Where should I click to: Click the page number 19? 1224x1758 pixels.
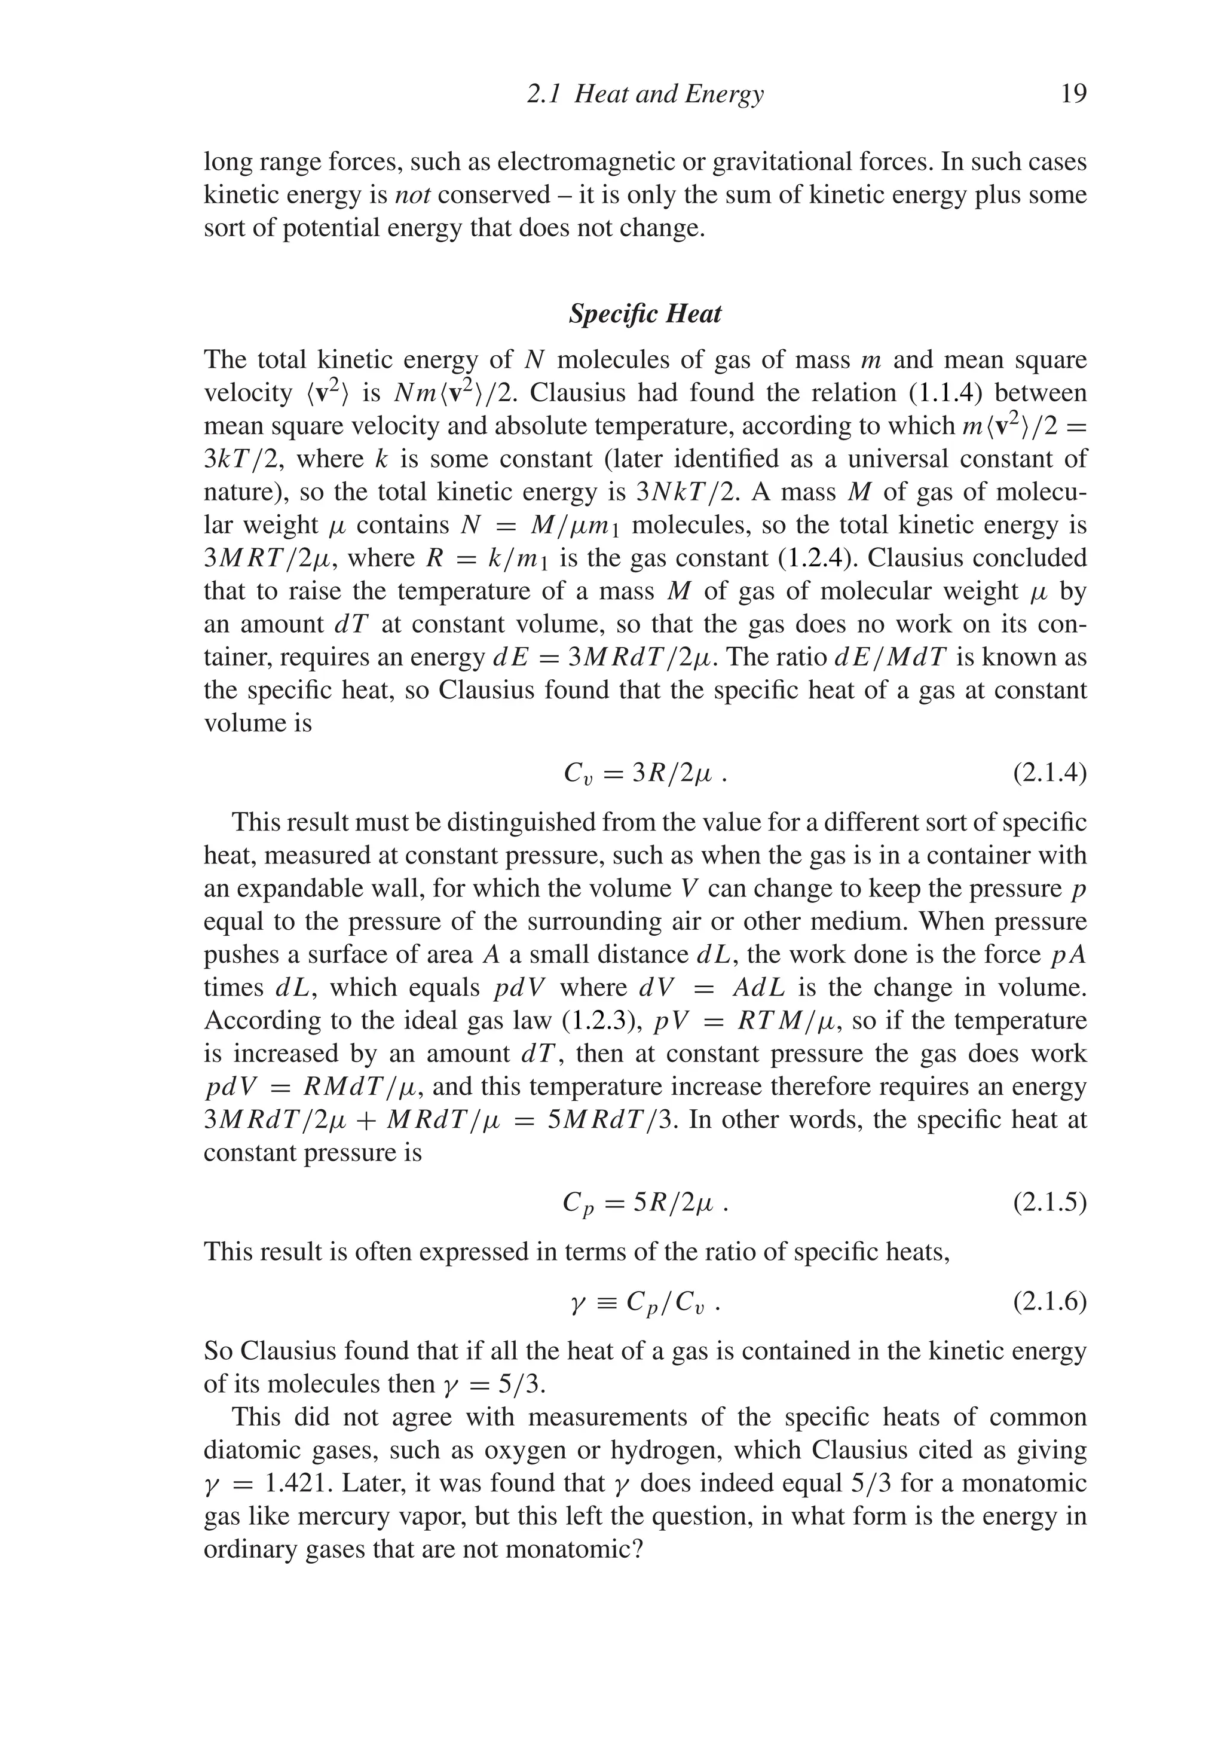click(1073, 94)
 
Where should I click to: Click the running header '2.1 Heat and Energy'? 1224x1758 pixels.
click(645, 94)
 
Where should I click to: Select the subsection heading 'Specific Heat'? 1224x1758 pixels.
click(644, 314)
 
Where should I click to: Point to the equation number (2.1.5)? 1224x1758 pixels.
click(1049, 1204)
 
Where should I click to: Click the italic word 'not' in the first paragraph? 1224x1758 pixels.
click(412, 196)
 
